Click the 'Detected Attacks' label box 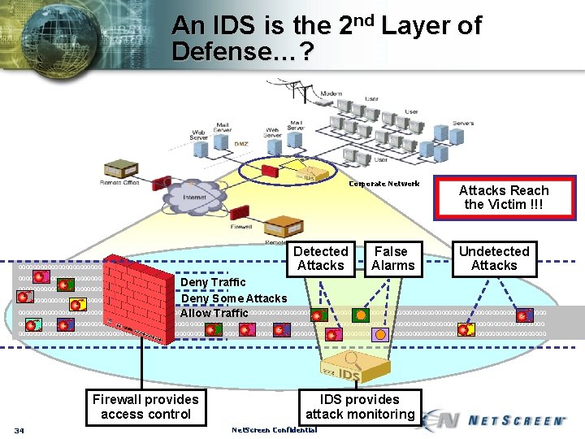coord(321,259)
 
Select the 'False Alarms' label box coord(392,259)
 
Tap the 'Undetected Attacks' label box coord(493,259)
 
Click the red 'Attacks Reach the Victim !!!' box coord(504,198)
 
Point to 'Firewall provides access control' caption coord(145,406)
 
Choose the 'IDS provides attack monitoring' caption coord(360,406)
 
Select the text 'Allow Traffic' coord(214,313)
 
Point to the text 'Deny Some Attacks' coord(234,298)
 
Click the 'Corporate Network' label coord(384,184)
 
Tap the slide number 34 coord(19,430)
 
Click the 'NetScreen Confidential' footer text coord(275,430)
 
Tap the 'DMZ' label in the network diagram coord(241,144)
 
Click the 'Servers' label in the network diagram coord(463,124)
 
